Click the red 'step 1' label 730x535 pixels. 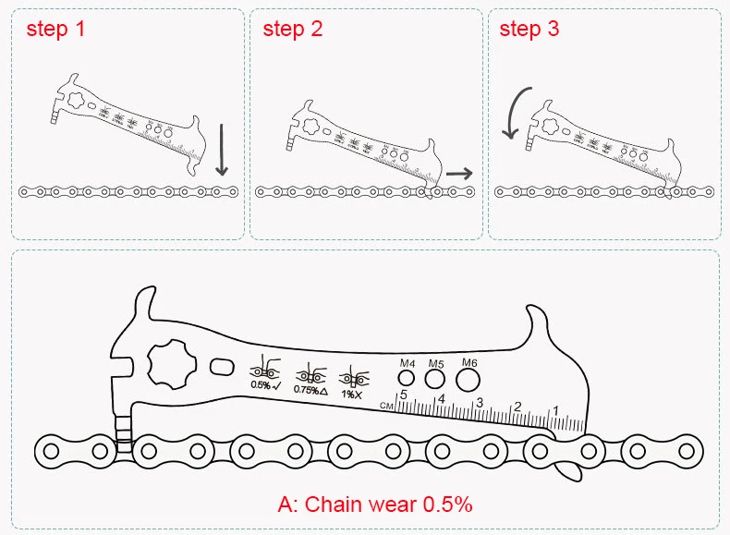pyautogui.click(x=55, y=29)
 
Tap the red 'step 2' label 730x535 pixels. pyautogui.click(x=293, y=29)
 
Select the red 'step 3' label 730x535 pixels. pyautogui.click(x=529, y=29)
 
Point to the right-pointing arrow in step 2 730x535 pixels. pyautogui.click(x=458, y=173)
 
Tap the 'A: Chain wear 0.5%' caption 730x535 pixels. pyautogui.click(x=375, y=505)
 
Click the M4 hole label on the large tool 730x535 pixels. pyautogui.click(x=407, y=363)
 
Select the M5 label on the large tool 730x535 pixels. pyautogui.click(x=436, y=363)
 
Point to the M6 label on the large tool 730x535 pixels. pyautogui.click(x=468, y=362)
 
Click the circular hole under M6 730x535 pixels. pyautogui.click(x=468, y=381)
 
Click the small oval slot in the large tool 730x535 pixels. pyautogui.click(x=223, y=368)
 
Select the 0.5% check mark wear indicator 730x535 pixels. pyautogui.click(x=261, y=374)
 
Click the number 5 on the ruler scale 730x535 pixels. pyautogui.click(x=404, y=395)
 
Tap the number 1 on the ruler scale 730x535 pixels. pyautogui.click(x=555, y=411)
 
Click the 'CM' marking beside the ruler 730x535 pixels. pyautogui.click(x=392, y=406)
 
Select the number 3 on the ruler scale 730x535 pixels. pyautogui.click(x=480, y=403)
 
